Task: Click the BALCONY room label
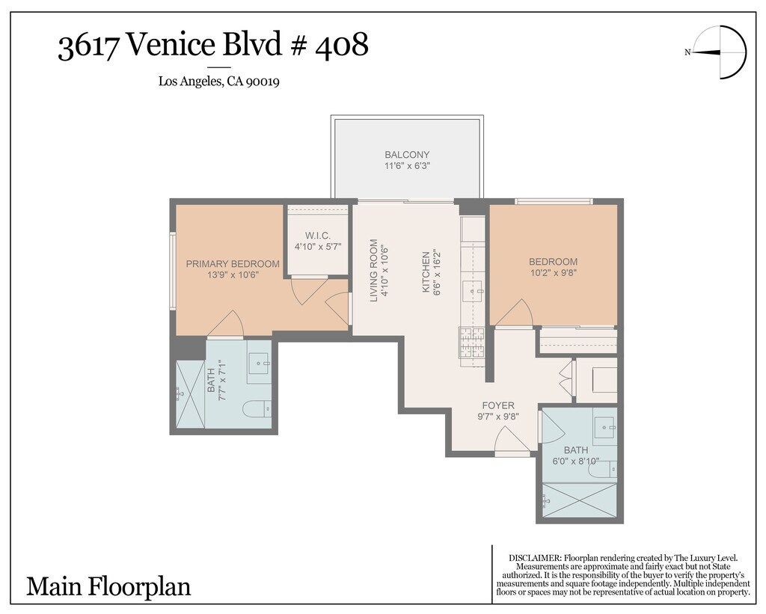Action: point(407,155)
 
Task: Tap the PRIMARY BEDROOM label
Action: point(233,264)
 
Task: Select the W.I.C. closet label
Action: point(317,236)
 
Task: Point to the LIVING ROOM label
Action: point(374,270)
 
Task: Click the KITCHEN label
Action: point(426,272)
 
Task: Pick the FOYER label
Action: point(498,405)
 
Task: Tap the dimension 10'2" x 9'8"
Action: point(553,273)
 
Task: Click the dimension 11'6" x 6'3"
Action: point(407,166)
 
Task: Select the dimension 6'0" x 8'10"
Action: point(576,461)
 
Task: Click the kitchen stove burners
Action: point(471,343)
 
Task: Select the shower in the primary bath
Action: point(190,395)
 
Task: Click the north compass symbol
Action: point(720,53)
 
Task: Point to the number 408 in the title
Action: point(342,45)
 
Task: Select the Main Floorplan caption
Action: point(108,586)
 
